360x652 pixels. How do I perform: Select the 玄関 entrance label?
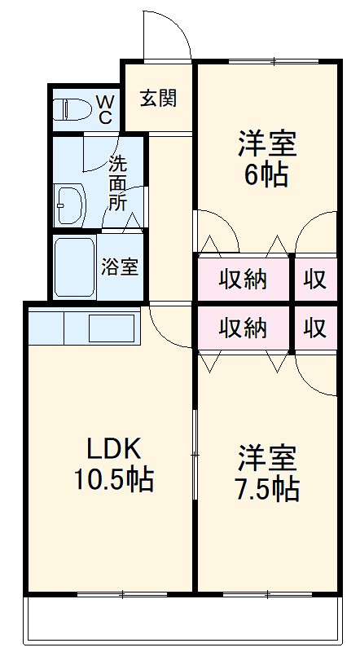158,98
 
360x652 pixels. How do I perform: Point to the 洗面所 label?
118,183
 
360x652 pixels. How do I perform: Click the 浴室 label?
119,267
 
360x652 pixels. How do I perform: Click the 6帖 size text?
266,175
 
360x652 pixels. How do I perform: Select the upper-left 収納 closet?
243,279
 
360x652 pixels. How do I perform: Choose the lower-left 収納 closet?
243,328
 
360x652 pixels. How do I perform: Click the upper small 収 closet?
315,279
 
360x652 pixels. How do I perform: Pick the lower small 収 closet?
315,328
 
